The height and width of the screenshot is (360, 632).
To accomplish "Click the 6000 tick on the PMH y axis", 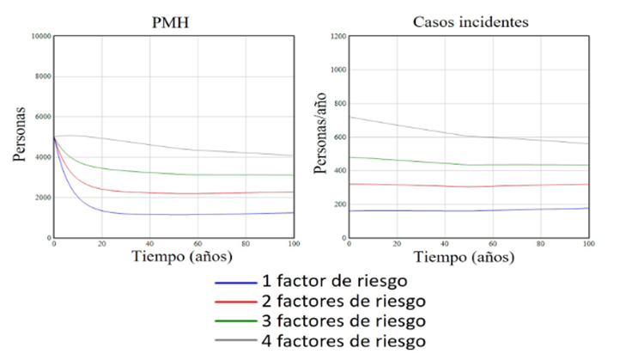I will pyautogui.click(x=44, y=117).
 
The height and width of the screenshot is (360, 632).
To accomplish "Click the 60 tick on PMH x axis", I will pyautogui.click(x=197, y=245).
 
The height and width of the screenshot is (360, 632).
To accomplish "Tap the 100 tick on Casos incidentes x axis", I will pyautogui.click(x=587, y=245).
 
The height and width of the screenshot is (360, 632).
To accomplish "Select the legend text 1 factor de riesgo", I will pyautogui.click(x=335, y=281).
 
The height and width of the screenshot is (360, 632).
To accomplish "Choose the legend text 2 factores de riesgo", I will pyautogui.click(x=342, y=301).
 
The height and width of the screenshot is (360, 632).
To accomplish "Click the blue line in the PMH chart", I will pyautogui.click(x=129, y=215).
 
